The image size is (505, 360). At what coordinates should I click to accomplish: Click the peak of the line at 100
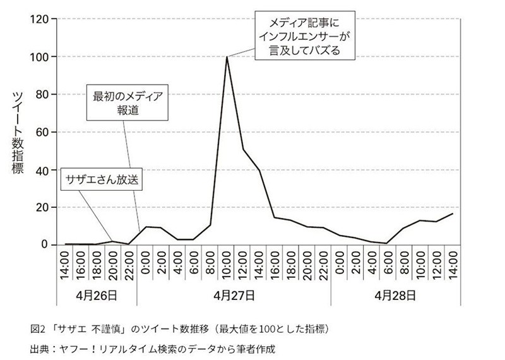tap(227, 57)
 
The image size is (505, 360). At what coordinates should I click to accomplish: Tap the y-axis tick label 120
tap(39, 20)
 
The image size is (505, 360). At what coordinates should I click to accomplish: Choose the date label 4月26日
tap(96, 294)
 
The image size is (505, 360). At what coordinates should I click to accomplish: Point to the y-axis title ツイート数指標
tap(18, 133)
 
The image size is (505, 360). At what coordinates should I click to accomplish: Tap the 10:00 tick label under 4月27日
tap(227, 265)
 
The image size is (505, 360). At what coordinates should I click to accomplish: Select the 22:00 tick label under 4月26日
tap(129, 265)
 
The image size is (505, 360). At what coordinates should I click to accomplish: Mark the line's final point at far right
tap(452, 213)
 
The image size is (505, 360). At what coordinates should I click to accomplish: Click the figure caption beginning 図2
tap(180, 329)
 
